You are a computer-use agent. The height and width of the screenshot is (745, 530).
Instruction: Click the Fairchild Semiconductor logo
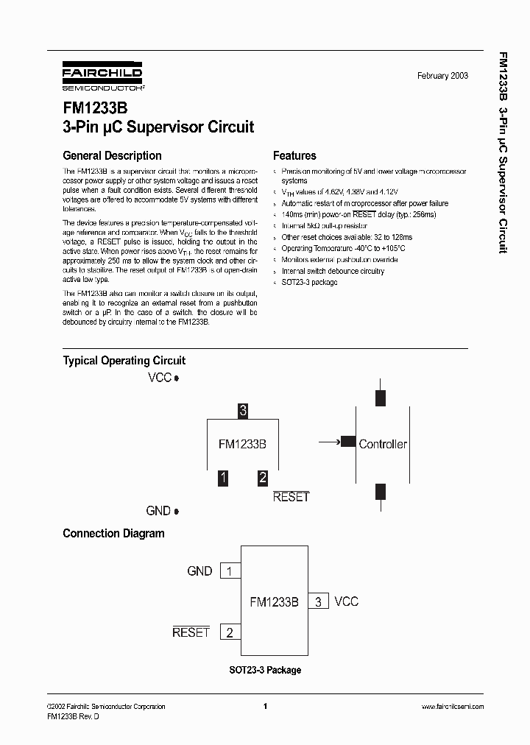pos(102,77)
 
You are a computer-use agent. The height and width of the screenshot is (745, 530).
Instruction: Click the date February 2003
pos(442,76)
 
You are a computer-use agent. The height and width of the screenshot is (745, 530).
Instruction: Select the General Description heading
pos(112,156)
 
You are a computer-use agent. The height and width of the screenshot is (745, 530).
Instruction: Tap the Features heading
pos(294,156)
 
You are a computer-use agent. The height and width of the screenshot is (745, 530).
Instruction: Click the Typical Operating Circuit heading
pos(124,361)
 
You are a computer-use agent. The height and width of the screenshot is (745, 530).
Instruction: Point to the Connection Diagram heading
pos(113,534)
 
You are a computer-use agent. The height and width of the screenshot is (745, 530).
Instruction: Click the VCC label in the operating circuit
pos(160,378)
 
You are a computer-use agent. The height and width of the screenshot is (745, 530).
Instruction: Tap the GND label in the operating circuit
pos(158,511)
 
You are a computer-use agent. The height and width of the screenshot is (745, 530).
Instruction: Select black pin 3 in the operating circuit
pos(243,411)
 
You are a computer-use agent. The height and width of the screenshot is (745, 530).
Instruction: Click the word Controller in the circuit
pos(383,444)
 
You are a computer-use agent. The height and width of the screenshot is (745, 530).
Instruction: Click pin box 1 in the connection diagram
pos(230,571)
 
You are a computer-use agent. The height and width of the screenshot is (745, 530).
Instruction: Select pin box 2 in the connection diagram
pos(230,632)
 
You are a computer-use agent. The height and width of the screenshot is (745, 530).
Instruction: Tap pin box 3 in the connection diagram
pos(318,601)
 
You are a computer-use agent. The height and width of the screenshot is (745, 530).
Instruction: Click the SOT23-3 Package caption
pos(264,670)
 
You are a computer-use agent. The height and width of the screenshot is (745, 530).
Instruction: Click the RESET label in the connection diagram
pos(191,632)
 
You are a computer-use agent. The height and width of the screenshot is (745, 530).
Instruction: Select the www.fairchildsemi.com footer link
pos(452,707)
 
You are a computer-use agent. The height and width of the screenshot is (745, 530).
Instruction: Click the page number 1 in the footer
pos(264,707)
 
